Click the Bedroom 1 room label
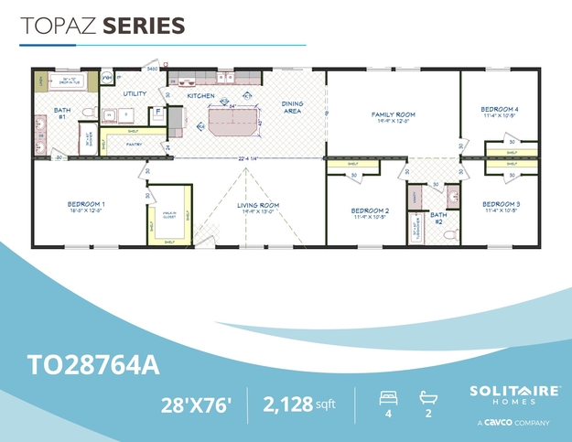point(86,203)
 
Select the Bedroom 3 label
point(501,203)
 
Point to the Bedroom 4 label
point(500,110)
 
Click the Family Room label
point(394,114)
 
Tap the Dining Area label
point(292,107)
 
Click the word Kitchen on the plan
point(200,95)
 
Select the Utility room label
point(135,93)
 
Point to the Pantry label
point(134,144)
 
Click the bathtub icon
point(429,398)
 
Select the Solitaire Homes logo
point(515,395)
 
